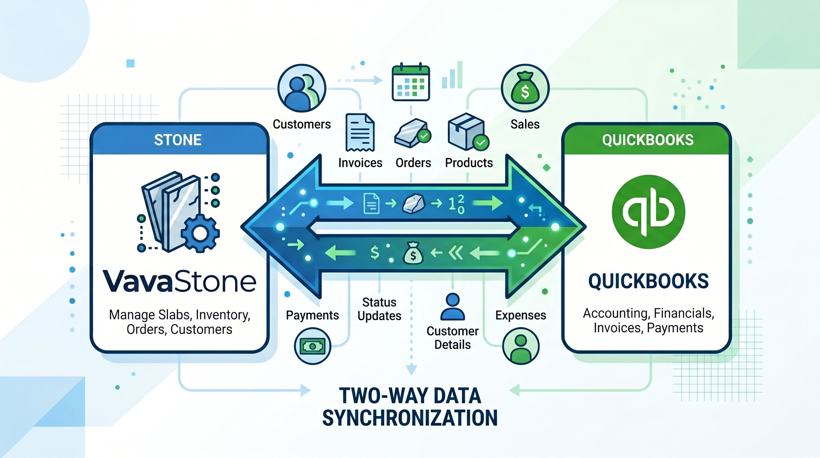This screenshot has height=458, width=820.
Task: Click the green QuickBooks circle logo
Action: (x=648, y=212)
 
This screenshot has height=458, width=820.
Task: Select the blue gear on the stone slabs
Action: (x=200, y=233)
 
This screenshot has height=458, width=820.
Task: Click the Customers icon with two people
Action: (x=302, y=88)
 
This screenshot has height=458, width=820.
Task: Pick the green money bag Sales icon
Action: (x=525, y=88)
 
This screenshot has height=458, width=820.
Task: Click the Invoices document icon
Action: (x=360, y=132)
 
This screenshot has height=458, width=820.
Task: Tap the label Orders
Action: (x=413, y=163)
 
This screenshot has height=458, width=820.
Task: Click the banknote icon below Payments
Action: (x=313, y=346)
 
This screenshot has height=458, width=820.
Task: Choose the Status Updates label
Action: (x=379, y=309)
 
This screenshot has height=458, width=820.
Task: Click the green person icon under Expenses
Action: (x=521, y=346)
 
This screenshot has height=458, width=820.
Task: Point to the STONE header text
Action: (x=178, y=140)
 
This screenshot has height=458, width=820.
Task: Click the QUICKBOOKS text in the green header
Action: (x=648, y=140)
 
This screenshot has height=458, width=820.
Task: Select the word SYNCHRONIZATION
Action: (x=410, y=418)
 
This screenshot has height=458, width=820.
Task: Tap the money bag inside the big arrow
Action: (x=413, y=253)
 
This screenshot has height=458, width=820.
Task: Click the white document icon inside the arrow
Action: (x=371, y=204)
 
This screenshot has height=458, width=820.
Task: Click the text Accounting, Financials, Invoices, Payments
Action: (x=648, y=321)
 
